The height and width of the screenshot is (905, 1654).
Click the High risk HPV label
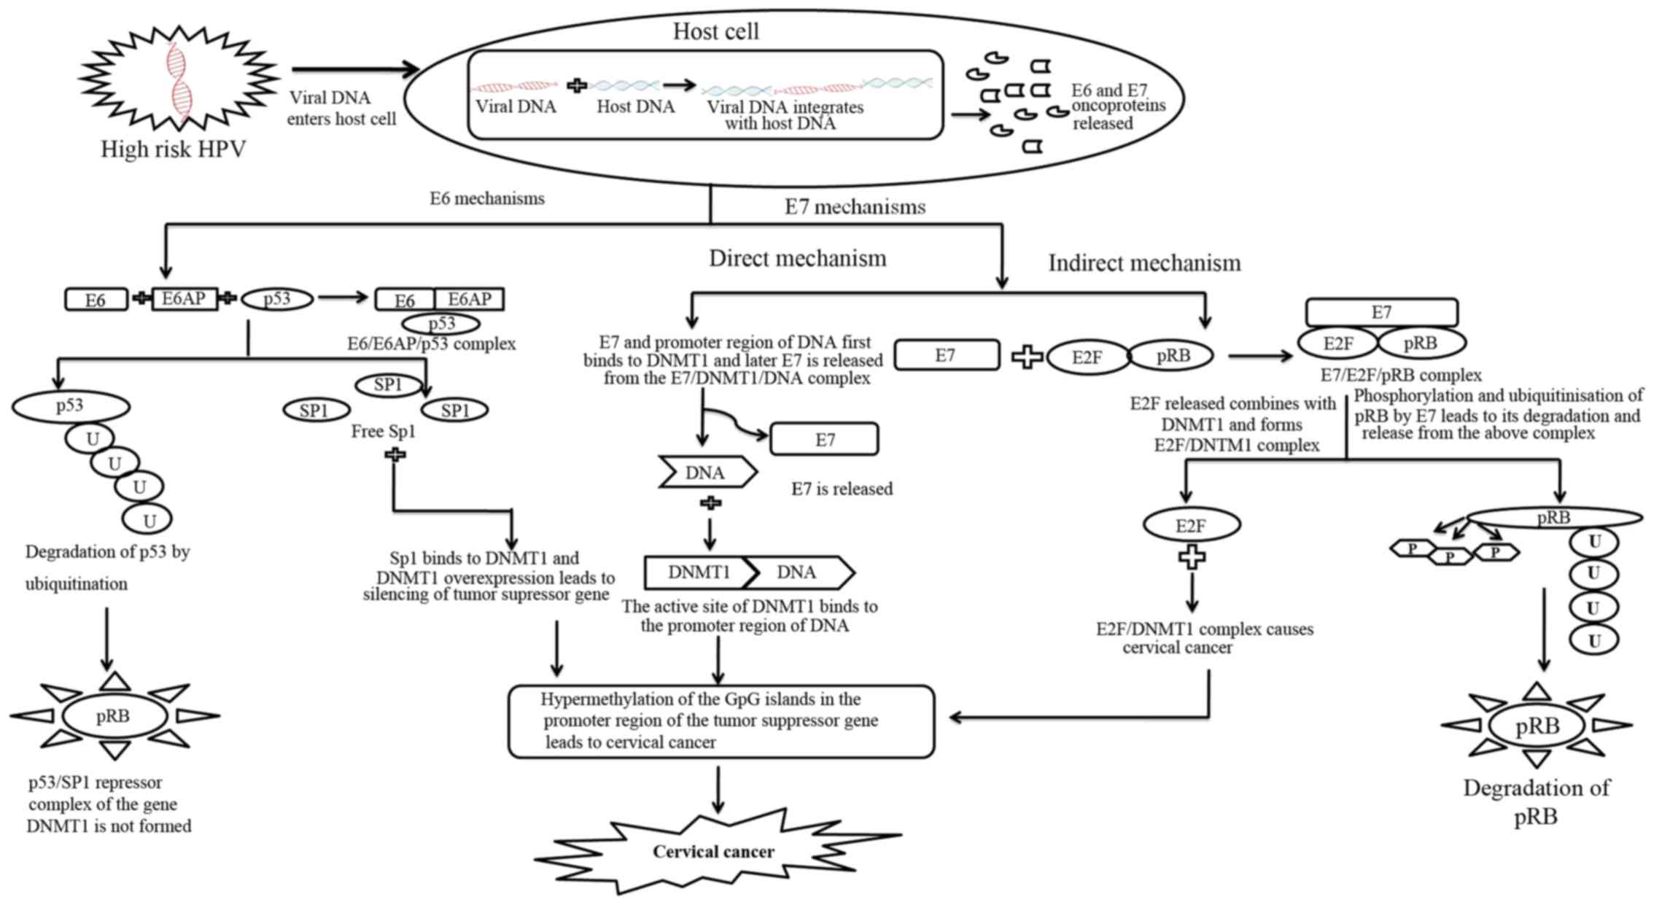[173, 149]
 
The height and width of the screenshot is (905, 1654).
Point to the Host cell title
[715, 31]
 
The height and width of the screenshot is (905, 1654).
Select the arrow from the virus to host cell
[355, 70]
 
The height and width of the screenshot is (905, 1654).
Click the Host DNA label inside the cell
[635, 107]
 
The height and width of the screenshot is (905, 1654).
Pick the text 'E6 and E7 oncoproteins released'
[1117, 106]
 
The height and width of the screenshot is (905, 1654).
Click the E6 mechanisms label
[486, 198]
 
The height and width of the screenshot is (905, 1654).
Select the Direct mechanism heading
[797, 258]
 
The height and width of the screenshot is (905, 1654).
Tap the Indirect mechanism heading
[1144, 263]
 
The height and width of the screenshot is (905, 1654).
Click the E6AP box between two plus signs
[184, 299]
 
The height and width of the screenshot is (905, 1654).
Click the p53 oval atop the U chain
[71, 406]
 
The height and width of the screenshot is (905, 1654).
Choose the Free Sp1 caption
[383, 432]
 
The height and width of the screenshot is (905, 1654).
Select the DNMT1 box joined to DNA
[698, 573]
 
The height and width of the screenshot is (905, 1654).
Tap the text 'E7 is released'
[842, 489]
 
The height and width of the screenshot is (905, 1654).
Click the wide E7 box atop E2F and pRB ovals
[1381, 313]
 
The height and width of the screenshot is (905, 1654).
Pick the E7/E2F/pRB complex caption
[1401, 376]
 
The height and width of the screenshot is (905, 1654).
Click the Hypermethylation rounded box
[721, 721]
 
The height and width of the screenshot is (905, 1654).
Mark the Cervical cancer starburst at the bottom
[715, 852]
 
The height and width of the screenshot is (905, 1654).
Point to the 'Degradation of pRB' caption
[1536, 802]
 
